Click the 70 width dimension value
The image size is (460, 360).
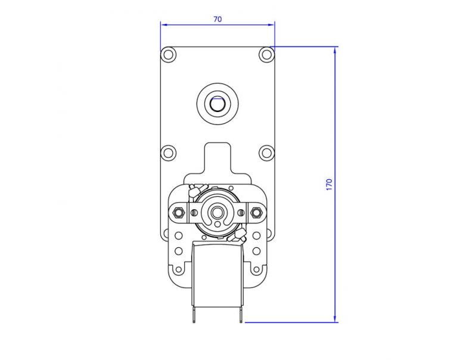pos(217,19)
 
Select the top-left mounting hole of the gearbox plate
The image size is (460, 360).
pos(169,55)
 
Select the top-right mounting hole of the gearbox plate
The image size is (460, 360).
pos(266,55)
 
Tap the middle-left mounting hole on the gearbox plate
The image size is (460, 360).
pos(169,152)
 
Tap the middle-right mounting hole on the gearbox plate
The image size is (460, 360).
pos(266,152)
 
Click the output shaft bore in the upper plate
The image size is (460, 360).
pos(217,105)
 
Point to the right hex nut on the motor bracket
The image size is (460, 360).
pos(257,212)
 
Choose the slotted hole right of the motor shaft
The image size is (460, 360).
pos(240,212)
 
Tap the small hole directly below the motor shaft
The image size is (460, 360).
pos(217,225)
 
